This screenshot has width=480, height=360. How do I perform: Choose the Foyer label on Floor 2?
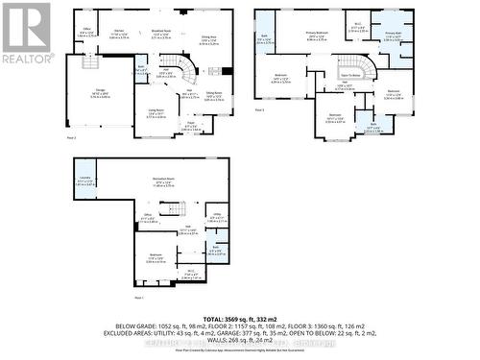point(191,124)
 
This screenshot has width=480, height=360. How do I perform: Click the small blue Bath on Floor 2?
point(141,68)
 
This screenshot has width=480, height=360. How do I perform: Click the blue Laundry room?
point(84,180)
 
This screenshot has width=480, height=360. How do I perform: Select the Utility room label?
point(217,217)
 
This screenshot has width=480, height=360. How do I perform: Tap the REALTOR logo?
point(26,33)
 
